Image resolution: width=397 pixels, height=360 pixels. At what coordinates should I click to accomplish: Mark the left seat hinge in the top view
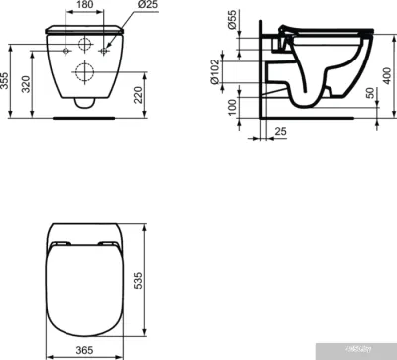click(x=62, y=243)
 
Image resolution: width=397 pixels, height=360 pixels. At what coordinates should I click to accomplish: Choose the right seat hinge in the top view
click(x=107, y=243)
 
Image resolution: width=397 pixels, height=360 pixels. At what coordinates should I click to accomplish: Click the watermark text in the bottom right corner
click(x=363, y=352)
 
